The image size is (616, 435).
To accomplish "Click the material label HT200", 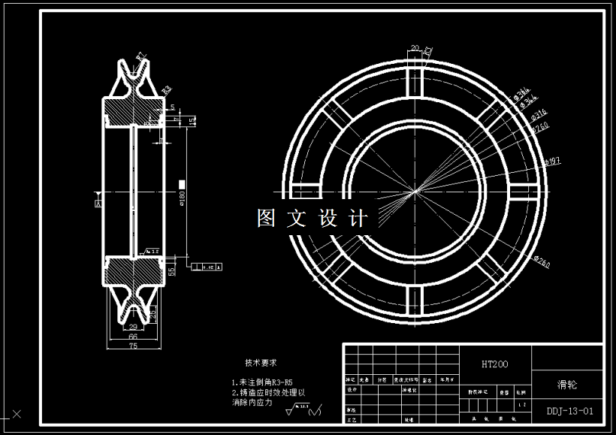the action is (x=494, y=364).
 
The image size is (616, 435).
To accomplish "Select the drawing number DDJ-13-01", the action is (x=570, y=411).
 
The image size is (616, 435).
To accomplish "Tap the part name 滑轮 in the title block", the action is (x=567, y=384).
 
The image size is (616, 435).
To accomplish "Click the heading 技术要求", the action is (x=261, y=361).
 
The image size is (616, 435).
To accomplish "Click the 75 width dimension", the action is (x=132, y=347).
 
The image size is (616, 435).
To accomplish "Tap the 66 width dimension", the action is (x=132, y=338).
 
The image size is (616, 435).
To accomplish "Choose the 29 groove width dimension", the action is (x=132, y=328).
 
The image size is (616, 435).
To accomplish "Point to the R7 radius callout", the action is (x=140, y=56).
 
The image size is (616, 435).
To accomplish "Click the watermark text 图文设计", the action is (x=313, y=219).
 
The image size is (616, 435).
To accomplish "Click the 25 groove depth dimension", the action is (x=152, y=312).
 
